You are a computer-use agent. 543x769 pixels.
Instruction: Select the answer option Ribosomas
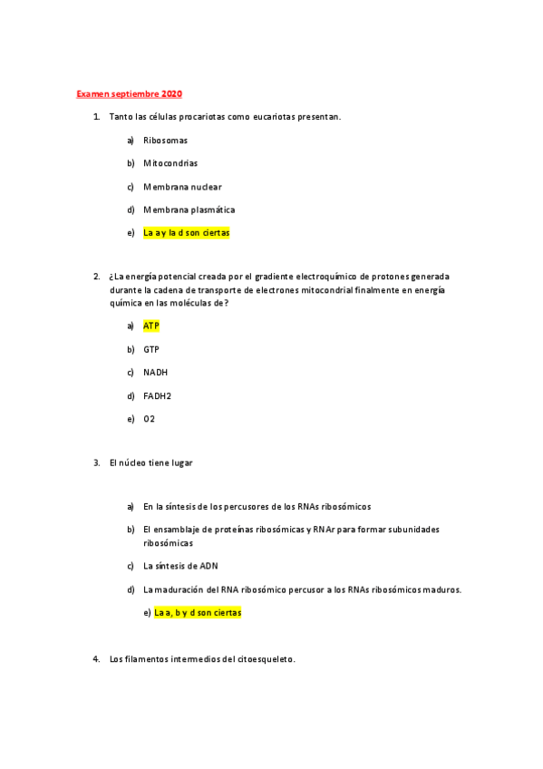tap(165, 141)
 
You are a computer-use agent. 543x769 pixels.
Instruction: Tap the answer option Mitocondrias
tap(170, 163)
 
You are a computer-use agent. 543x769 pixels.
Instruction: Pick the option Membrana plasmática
tap(189, 209)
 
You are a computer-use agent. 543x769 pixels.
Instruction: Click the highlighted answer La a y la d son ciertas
tap(187, 233)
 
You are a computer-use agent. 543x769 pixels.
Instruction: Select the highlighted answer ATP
tap(150, 326)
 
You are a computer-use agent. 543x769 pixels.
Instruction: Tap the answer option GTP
tap(150, 349)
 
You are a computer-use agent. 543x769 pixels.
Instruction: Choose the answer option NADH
tap(155, 373)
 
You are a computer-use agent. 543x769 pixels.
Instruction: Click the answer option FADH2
tap(157, 395)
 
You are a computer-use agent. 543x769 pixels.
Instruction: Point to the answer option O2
tap(150, 419)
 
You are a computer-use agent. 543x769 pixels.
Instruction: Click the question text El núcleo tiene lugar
tap(150, 462)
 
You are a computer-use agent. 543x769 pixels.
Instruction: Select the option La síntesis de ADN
tap(180, 566)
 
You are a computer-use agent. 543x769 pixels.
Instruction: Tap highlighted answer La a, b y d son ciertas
tap(198, 613)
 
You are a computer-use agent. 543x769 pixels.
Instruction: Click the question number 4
tap(96, 659)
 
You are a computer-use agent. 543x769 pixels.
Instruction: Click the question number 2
tap(96, 276)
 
